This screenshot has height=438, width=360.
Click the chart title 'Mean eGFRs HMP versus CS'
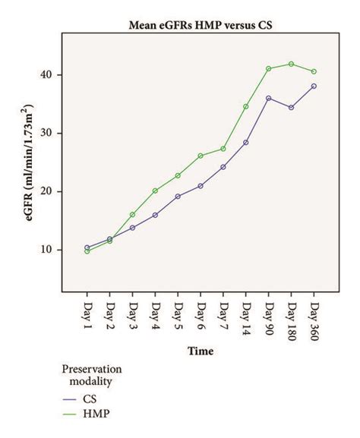click(200, 25)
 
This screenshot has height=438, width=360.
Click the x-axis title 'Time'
click(201, 351)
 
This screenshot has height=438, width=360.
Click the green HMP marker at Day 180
click(292, 64)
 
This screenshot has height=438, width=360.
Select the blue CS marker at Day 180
click(292, 107)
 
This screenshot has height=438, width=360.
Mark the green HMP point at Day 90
click(269, 68)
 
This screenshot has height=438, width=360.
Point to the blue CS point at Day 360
click(314, 86)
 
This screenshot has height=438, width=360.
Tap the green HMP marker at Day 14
click(246, 106)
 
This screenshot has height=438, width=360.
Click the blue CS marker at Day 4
click(155, 215)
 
